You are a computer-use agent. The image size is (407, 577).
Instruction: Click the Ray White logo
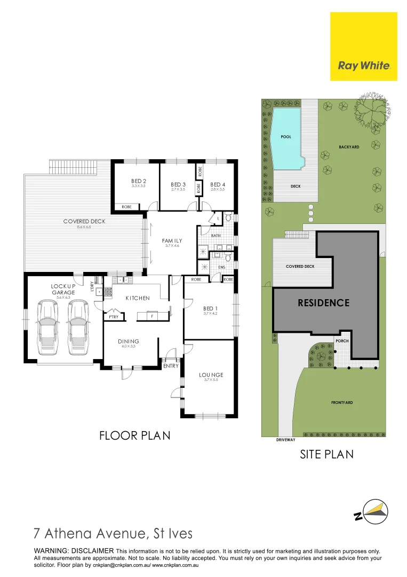pyautogui.click(x=364, y=66)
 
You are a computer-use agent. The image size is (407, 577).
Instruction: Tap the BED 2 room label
pyautogui.click(x=139, y=181)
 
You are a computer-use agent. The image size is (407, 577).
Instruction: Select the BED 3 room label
pyautogui.click(x=178, y=184)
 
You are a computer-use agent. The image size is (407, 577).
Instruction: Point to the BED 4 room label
pyautogui.click(x=218, y=184)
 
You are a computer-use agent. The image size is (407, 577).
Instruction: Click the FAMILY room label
pyautogui.click(x=172, y=241)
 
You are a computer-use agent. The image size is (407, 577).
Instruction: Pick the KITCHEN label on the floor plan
pyautogui.click(x=138, y=298)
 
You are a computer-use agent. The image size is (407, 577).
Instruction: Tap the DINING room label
pyautogui.click(x=129, y=341)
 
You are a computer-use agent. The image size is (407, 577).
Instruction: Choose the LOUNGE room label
pyautogui.click(x=211, y=375)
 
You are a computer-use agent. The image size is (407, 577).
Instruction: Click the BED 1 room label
pyautogui.click(x=211, y=308)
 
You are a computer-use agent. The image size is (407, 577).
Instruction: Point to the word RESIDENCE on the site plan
pyautogui.click(x=323, y=303)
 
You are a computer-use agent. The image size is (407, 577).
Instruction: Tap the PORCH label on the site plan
pyautogui.click(x=342, y=340)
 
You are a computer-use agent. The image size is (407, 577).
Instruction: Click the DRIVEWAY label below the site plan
pyautogui.click(x=285, y=440)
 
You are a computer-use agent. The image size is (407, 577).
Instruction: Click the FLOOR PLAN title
pyautogui.click(x=135, y=435)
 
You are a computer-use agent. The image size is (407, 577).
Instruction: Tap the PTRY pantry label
pyautogui.click(x=113, y=316)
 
